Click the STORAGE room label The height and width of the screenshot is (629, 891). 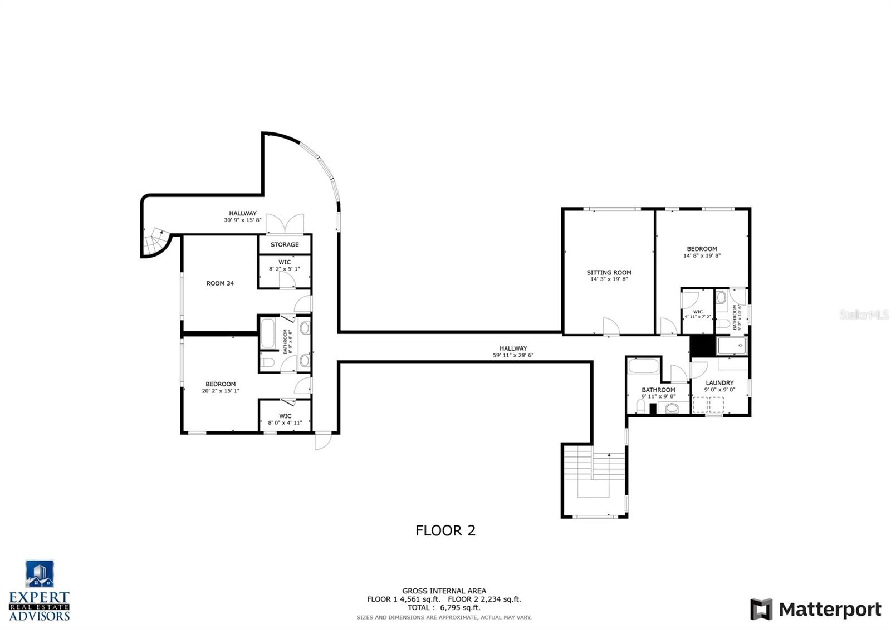(x=285, y=244)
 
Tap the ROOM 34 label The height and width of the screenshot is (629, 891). (x=220, y=283)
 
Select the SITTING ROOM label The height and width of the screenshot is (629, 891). (x=609, y=273)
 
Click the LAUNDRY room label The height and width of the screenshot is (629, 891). (x=719, y=383)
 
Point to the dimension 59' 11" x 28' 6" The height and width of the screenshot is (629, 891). (x=513, y=355)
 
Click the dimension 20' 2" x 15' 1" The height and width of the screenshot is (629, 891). (x=221, y=391)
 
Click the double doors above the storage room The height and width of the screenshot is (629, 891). (x=285, y=224)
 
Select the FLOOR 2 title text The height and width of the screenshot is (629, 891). (x=445, y=530)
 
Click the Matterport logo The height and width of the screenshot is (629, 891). (x=815, y=610)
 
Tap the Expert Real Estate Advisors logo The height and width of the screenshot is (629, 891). (x=40, y=591)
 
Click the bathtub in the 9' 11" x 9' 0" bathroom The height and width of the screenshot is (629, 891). (x=643, y=366)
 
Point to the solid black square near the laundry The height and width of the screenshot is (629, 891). (x=702, y=346)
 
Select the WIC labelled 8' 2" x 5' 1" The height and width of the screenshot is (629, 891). (x=285, y=266)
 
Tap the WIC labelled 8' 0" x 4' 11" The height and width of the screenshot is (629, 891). (x=285, y=419)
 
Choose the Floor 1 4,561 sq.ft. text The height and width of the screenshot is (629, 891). (x=403, y=599)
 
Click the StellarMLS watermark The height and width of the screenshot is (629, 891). (x=864, y=315)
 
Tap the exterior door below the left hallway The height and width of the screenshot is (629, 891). (x=322, y=441)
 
